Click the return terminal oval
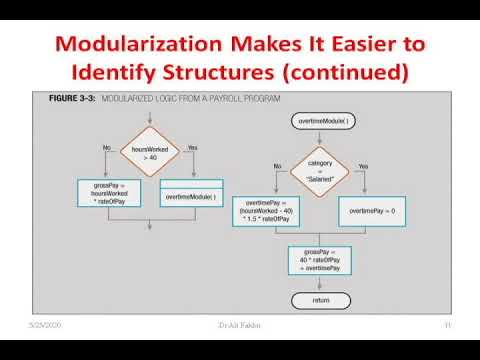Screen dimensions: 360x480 [320, 300]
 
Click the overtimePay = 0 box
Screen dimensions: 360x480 [373, 212]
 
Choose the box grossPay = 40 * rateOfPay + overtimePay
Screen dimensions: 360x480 [320, 260]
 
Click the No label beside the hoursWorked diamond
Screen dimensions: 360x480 [106, 147]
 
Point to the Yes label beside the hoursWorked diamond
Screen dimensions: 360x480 [192, 147]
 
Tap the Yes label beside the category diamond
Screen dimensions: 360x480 [363, 166]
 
